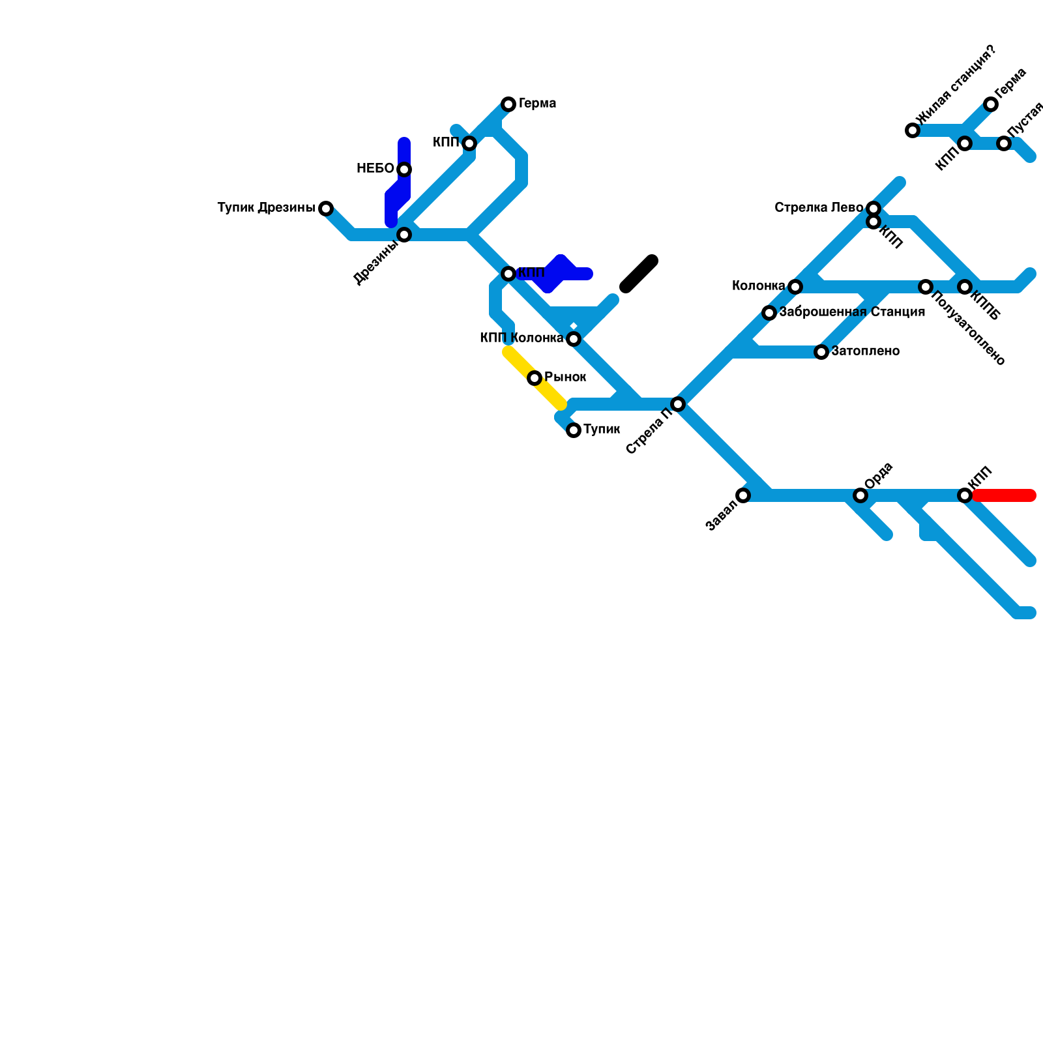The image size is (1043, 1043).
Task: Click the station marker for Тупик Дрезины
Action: [326, 209]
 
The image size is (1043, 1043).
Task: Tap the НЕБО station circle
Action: [404, 169]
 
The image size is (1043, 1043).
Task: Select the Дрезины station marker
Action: [404, 235]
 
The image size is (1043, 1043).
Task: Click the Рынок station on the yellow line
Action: [535, 378]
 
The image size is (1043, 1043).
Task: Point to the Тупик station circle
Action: [574, 430]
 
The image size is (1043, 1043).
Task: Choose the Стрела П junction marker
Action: [678, 404]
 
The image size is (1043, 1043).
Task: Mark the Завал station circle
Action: [743, 495]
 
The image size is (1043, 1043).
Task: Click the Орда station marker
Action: [860, 495]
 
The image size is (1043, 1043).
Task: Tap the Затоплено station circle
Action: [821, 352]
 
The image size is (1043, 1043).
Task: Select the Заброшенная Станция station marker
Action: [769, 313]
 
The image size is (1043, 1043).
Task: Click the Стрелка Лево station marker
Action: [874, 209]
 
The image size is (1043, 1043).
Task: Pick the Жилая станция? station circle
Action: [913, 130]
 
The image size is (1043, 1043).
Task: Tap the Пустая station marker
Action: [1004, 143]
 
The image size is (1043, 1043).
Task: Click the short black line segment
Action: [639, 274]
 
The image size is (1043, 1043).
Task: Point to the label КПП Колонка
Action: [521, 338]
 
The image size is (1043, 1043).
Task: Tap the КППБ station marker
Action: [965, 287]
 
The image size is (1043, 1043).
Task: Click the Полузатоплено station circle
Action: [926, 287]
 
